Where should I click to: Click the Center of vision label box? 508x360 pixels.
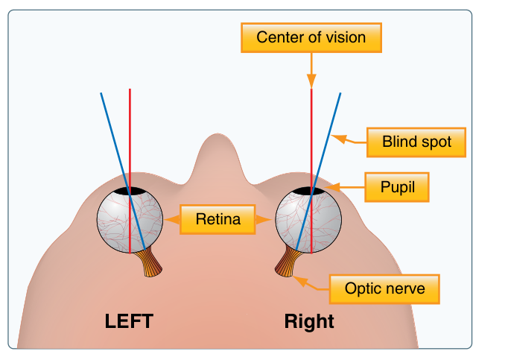coord(311,37)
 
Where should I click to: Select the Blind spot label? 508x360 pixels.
coord(416,142)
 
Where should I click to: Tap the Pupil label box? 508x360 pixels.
coord(397,187)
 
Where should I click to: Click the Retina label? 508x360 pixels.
coord(218,219)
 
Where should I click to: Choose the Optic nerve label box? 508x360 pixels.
coord(384,289)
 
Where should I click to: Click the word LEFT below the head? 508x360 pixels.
coord(129,321)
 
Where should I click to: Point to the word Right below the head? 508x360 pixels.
coord(309,321)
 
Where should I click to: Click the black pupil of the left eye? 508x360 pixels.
coord(130,191)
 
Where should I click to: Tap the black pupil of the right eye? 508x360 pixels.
coord(309,191)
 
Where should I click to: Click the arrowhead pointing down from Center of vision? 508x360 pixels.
coord(311,81)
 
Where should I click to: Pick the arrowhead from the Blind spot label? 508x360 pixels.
coord(339,139)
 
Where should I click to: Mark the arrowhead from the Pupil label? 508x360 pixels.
coord(332,187)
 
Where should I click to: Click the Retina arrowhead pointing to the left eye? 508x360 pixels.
coord(172,220)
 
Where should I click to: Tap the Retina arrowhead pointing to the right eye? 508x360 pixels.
coord(264,220)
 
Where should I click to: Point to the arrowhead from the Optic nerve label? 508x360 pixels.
coord(300,281)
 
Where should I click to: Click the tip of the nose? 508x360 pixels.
coord(217,133)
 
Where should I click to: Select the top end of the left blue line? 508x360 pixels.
coord(101,93)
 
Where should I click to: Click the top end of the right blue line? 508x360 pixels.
coord(340,93)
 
